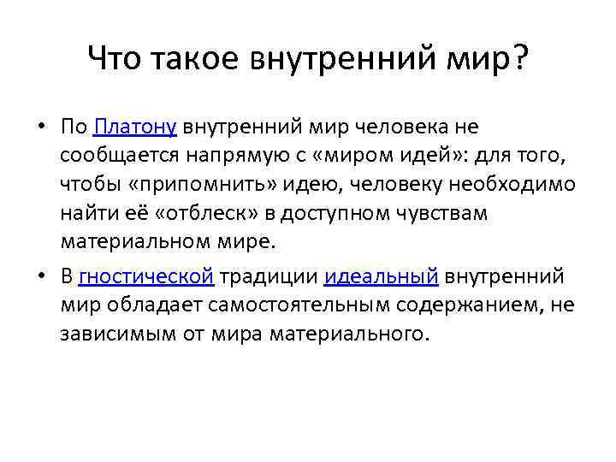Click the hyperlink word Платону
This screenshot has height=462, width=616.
pyautogui.click(x=135, y=127)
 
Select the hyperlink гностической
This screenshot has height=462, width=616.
pyautogui.click(x=145, y=275)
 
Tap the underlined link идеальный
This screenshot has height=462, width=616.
pyautogui.click(x=382, y=275)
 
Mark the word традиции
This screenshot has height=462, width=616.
pyautogui.click(x=268, y=275)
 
